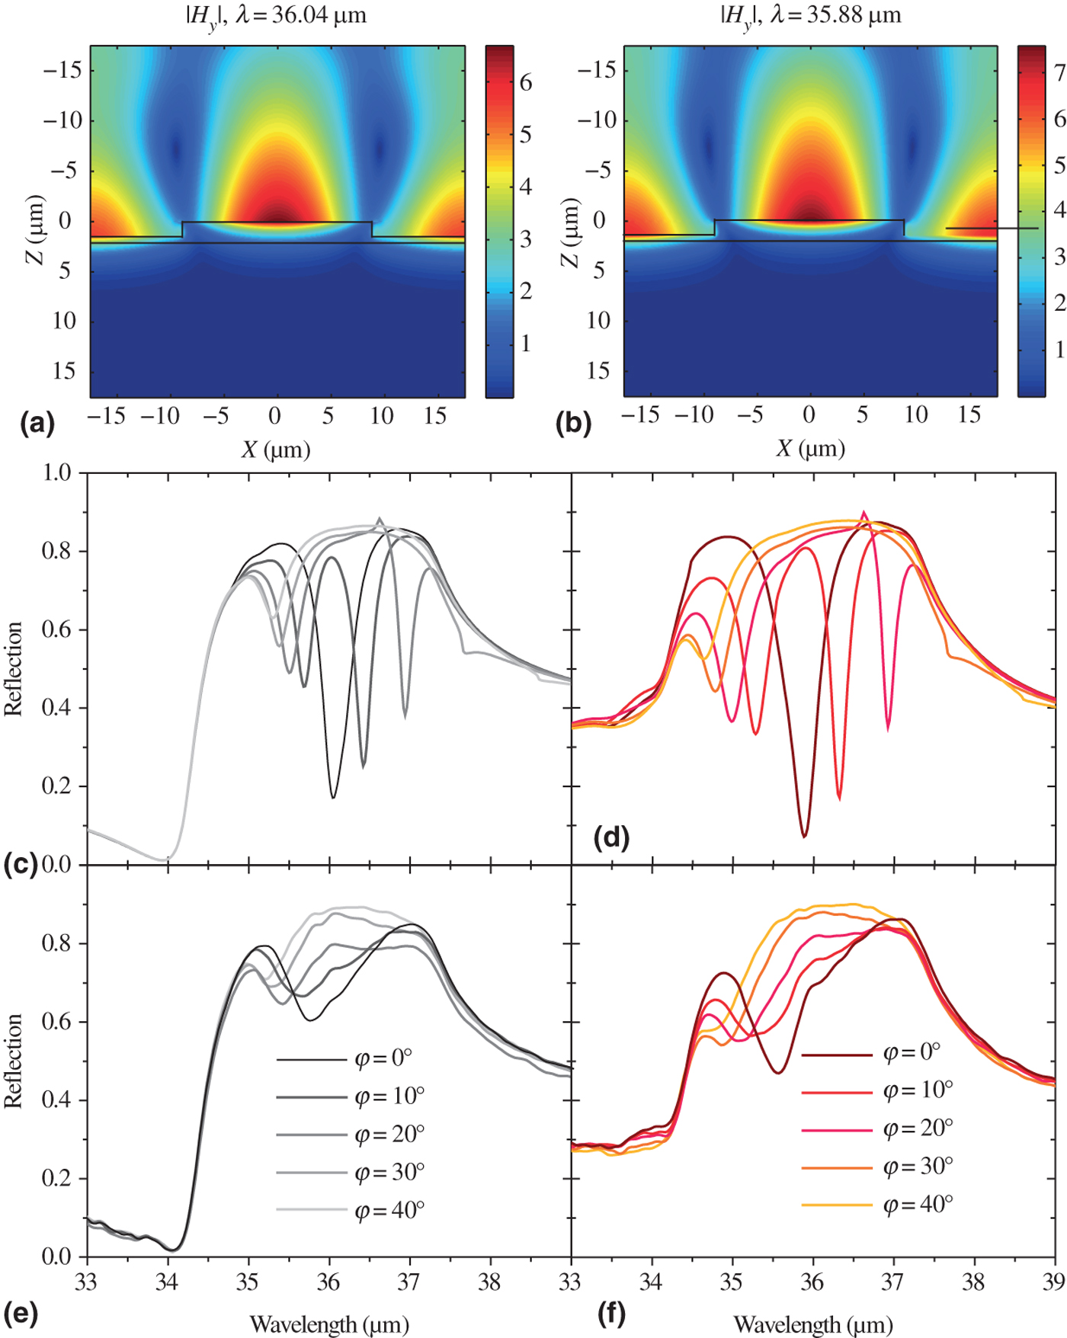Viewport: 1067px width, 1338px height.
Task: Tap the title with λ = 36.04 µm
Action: (276, 16)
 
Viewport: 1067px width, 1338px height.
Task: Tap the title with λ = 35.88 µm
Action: (811, 16)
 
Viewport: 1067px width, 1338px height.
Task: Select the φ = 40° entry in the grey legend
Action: (389, 1210)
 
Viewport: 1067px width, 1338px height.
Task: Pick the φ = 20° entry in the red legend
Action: (918, 1128)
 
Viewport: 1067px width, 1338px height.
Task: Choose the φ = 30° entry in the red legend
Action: (918, 1167)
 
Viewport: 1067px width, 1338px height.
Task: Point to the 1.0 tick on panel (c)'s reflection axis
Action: (56, 473)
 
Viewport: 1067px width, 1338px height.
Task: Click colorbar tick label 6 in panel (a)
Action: (526, 83)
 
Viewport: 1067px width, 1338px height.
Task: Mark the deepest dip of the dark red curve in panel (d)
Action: (804, 836)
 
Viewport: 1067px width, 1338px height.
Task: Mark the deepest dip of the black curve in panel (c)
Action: (333, 797)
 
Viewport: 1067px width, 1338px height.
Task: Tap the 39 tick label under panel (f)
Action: (1054, 1282)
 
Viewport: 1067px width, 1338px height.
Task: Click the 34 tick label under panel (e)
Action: (167, 1282)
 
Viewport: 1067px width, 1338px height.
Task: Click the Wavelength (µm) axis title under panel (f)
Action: (813, 1324)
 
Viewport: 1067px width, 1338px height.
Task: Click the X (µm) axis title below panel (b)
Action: (811, 448)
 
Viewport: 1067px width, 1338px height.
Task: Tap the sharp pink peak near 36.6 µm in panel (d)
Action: (864, 513)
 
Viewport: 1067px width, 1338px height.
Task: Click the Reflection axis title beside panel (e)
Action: (14, 1061)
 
